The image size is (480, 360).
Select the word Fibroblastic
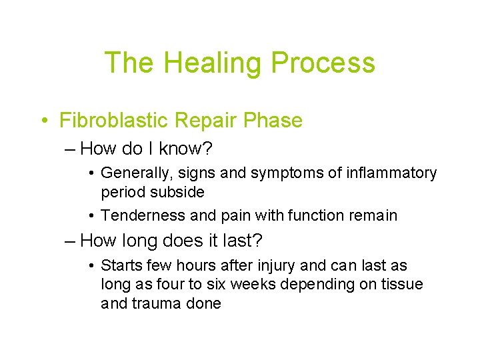coord(114,121)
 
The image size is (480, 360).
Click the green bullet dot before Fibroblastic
coord(43,121)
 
